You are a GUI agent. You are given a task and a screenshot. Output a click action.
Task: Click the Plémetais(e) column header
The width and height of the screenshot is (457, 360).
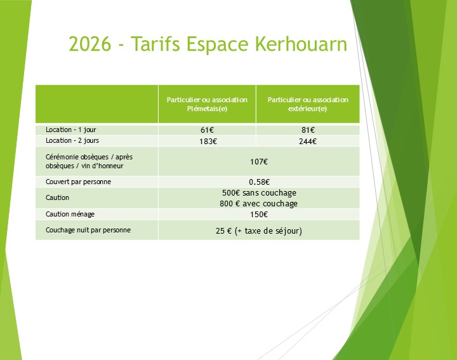click(207, 104)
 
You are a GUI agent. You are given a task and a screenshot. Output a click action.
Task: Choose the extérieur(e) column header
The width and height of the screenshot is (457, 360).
click(308, 104)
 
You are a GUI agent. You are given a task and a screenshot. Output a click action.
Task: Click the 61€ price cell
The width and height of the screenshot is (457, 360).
click(207, 130)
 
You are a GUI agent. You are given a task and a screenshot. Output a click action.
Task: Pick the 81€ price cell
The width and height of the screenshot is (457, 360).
click(308, 130)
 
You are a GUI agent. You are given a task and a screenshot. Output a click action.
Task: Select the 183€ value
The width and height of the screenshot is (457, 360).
click(207, 141)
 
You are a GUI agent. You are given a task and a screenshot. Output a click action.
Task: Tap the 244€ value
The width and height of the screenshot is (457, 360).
click(308, 141)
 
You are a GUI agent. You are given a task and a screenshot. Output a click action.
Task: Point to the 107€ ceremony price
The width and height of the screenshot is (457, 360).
click(258, 161)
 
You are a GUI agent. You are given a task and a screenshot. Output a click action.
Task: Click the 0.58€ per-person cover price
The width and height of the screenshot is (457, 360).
click(258, 182)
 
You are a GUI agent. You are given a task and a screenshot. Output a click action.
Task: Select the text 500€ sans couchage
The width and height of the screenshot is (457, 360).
click(258, 193)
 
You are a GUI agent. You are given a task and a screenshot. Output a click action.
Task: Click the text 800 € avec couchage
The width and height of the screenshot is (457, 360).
click(258, 204)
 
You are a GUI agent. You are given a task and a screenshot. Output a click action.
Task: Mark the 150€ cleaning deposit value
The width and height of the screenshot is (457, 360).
click(258, 215)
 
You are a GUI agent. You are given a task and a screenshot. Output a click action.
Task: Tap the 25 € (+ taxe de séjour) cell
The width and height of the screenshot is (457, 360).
click(258, 230)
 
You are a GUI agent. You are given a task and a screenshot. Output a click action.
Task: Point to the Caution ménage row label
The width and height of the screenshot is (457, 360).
click(70, 214)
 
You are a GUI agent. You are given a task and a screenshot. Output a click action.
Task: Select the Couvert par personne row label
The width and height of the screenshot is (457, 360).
click(79, 182)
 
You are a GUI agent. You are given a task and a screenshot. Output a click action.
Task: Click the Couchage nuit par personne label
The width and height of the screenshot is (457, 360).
click(88, 230)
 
